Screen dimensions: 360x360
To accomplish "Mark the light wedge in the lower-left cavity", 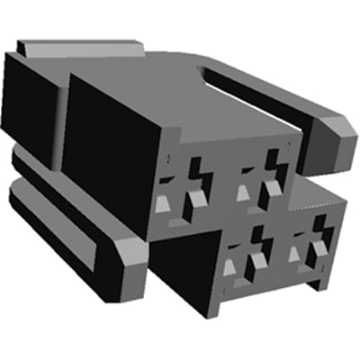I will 230,266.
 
